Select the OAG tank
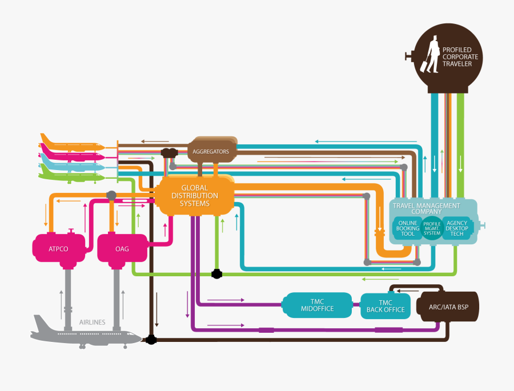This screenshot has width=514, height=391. pos(122,249)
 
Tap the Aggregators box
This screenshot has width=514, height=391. pos(211,151)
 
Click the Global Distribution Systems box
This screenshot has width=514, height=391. pos(195,196)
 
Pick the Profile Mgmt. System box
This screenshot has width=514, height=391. pos(432,228)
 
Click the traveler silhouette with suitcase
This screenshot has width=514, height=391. pos(428,55)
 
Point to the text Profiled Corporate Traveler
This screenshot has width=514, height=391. pos(461,57)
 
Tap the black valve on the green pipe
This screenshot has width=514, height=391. pos(216,274)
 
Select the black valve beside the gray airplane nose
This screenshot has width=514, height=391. pos(151,340)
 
